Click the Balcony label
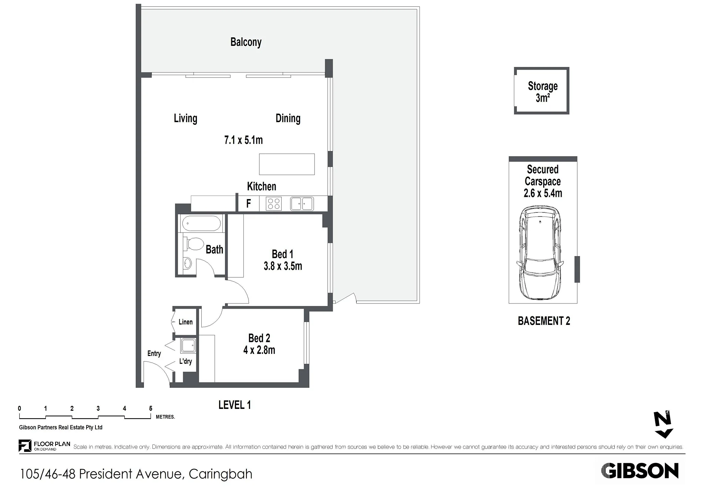tap(246, 42)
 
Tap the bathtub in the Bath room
tap(202, 224)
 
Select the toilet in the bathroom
tap(194, 244)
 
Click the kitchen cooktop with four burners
tap(273, 204)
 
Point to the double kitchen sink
tap(302, 204)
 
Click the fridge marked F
tap(249, 204)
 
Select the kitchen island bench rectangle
tap(287, 164)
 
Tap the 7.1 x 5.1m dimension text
tap(243, 140)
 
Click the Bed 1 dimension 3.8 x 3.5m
tap(283, 266)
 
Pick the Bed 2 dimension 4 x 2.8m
tap(259, 350)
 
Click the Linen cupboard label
tap(185, 322)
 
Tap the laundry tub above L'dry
tap(188, 346)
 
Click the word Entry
tap(154, 354)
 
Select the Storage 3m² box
tap(542, 91)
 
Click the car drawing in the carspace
tap(540, 253)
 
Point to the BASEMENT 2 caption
tap(544, 321)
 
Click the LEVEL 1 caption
tap(235, 405)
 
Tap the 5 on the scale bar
tap(151, 409)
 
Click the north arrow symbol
tap(663, 424)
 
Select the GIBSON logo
tap(640, 471)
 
